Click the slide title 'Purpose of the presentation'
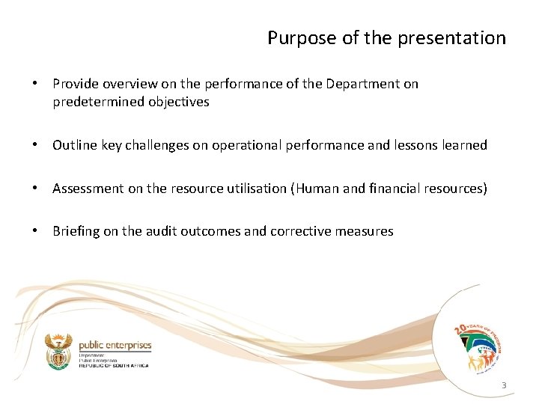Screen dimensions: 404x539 point(386,38)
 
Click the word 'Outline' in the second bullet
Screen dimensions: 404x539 point(73,145)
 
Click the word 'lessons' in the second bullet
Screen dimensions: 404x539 point(416,145)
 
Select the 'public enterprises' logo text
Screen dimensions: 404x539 point(115,346)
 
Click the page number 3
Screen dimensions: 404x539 point(504,386)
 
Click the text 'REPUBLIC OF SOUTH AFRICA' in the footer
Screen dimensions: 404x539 point(113,365)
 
